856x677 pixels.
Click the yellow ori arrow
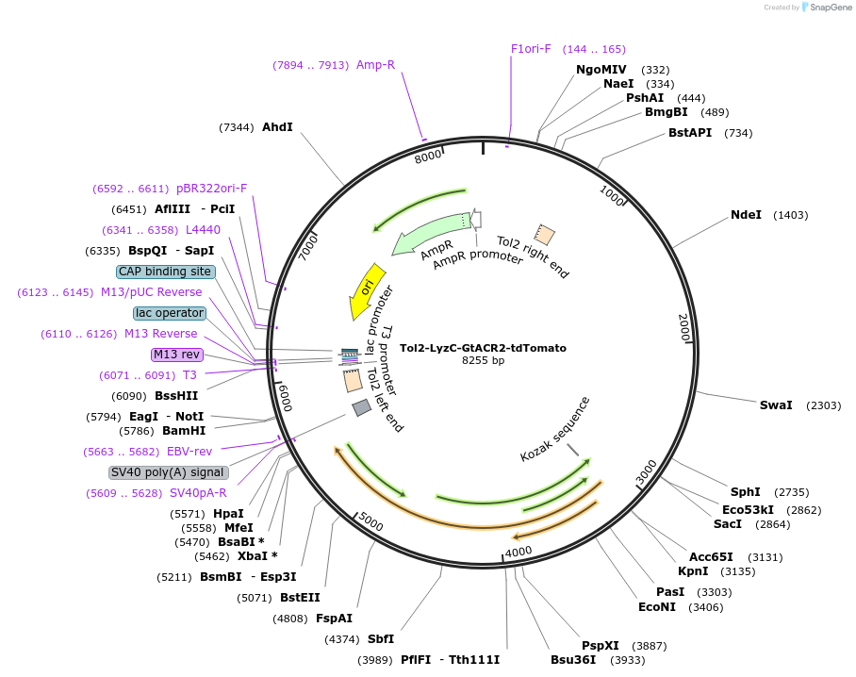[367, 291]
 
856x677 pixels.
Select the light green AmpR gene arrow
[430, 233]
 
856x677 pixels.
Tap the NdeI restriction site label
[746, 215]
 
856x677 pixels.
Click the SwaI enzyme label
[776, 405]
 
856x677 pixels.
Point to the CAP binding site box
[166, 272]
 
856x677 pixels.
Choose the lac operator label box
[170, 313]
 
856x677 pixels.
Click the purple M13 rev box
[177, 355]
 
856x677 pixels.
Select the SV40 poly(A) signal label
[168, 472]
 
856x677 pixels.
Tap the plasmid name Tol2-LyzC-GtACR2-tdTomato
[483, 348]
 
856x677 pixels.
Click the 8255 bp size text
[483, 360]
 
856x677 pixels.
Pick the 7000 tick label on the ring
[308, 247]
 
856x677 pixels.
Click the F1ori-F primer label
[531, 49]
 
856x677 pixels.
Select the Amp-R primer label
[375, 64]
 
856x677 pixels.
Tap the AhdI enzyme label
[277, 126]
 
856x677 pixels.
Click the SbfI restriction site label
[381, 638]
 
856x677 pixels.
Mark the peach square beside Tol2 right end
[544, 234]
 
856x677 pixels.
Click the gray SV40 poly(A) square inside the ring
[361, 407]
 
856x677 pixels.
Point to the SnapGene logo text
[831, 8]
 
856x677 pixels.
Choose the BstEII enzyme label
[300, 597]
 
